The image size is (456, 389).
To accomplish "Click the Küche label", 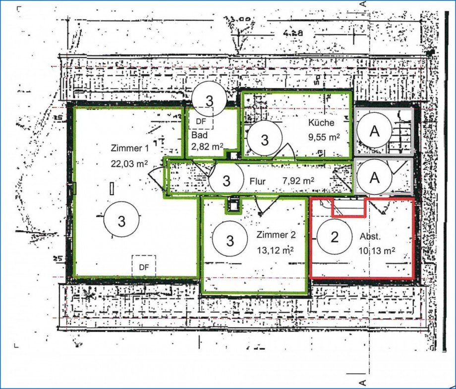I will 321,123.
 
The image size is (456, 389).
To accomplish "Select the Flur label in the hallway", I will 257,181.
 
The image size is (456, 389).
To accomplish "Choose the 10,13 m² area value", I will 377,251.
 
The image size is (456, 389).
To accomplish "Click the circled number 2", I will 335,237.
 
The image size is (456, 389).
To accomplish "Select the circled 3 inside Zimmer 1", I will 121,221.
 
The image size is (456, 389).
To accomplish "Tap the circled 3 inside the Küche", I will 265,140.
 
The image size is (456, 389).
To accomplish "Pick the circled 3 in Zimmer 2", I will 230,241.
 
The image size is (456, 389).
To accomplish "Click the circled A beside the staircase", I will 375,131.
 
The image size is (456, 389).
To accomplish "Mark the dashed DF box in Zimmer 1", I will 144,266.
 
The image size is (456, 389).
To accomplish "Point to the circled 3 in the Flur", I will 227,180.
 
